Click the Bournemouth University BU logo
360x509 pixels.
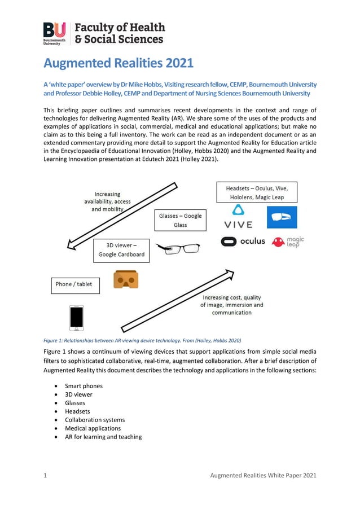pos(55,33)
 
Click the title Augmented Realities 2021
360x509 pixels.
pos(118,63)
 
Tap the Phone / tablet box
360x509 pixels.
pos(75,284)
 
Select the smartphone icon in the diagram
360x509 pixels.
pos(76,318)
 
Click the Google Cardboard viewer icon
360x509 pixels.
pos(125,279)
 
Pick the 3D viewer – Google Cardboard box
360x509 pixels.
pos(121,249)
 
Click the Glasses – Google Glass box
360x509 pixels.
pos(180,220)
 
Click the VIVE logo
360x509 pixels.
pos(239,217)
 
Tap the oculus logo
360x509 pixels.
pos(243,242)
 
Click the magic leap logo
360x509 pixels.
pos(288,242)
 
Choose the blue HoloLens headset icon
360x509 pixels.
pos(281,217)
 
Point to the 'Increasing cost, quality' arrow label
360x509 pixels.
pos(231,305)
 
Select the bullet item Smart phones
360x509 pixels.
pos(84,386)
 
